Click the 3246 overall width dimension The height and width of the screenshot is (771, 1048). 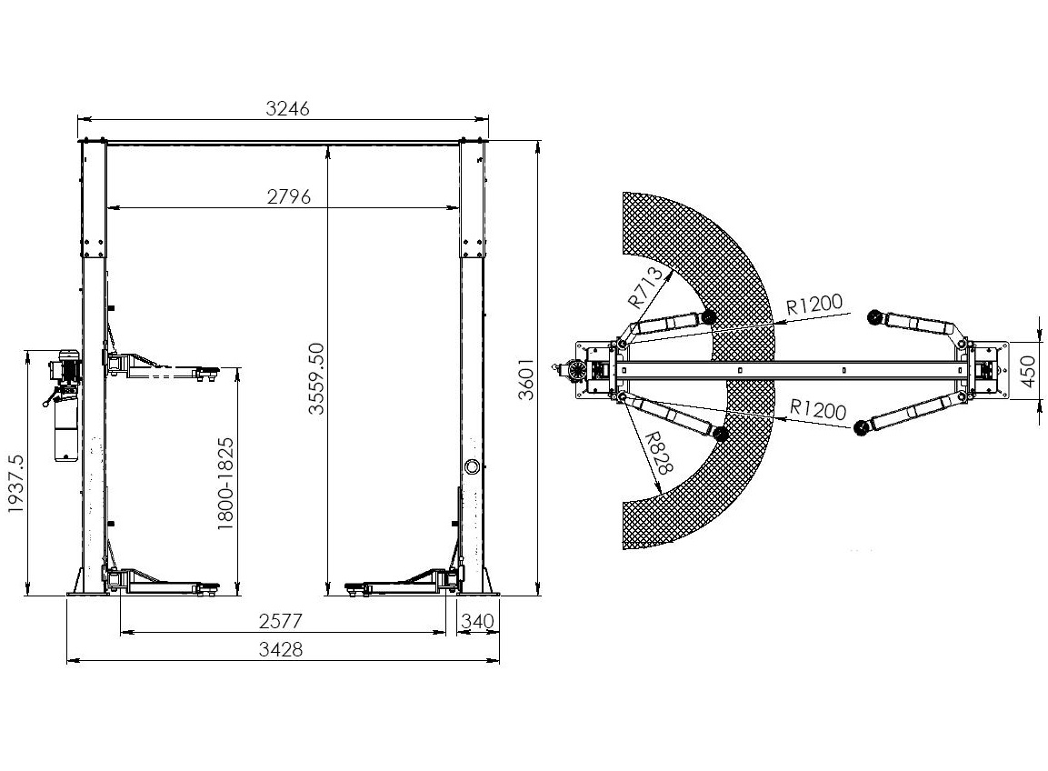287,108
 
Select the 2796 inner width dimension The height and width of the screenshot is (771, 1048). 289,196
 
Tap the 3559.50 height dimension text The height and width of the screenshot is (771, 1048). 316,378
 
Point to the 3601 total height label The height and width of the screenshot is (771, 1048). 527,379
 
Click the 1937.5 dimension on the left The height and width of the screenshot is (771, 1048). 15,484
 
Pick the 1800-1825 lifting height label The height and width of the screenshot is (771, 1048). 226,484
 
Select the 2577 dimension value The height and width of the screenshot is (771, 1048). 281,621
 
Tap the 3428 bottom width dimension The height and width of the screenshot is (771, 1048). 280,648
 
